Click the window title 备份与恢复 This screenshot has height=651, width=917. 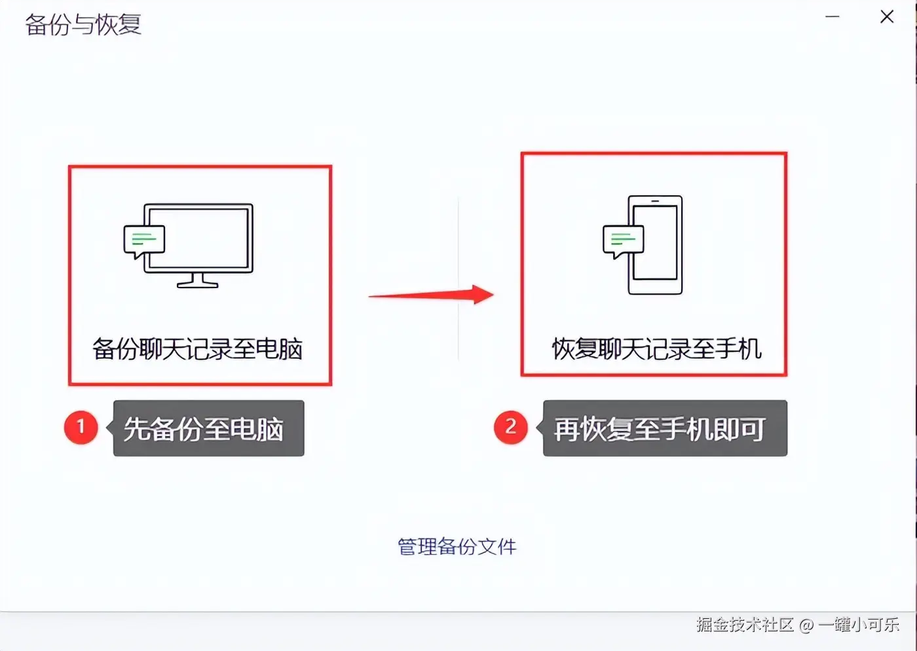(83, 25)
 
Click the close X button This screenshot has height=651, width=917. (887, 17)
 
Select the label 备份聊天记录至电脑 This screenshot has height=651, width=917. (197, 349)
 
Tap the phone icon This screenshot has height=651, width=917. (656, 245)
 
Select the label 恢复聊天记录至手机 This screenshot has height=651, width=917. (656, 349)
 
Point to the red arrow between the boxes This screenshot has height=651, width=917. (432, 295)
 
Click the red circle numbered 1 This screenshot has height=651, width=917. (81, 427)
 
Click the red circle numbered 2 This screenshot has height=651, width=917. (511, 427)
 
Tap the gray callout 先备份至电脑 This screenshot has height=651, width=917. (208, 429)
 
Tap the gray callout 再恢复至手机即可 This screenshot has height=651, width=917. (664, 429)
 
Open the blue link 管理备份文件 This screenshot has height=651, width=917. (457, 546)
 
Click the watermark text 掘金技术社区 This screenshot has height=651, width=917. (745, 624)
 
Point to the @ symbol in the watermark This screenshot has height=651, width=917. (806, 625)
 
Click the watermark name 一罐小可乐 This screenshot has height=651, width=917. (859, 624)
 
